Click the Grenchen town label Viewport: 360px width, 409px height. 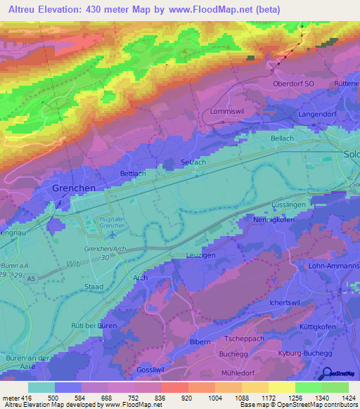pyautogui.click(x=74, y=188)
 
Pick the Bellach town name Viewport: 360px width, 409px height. pyautogui.click(x=282, y=138)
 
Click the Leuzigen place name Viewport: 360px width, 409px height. pyautogui.click(x=201, y=255)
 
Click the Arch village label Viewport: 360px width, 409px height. pyautogui.click(x=140, y=278)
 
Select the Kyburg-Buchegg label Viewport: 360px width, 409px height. pyautogui.click(x=304, y=352)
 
